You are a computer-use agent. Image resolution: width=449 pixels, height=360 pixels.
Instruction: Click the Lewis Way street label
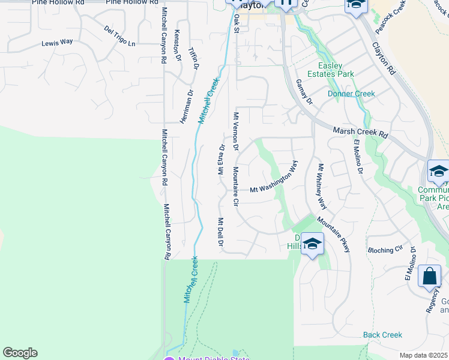57,43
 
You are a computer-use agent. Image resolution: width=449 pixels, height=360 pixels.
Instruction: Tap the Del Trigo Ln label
120,36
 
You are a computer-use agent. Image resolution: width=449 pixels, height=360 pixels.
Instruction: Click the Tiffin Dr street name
193,59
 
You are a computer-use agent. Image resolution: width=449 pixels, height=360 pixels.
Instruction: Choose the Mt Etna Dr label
221,157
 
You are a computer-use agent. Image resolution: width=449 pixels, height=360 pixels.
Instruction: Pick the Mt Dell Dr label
221,232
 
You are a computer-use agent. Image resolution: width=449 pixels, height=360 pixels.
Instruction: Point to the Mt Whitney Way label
322,187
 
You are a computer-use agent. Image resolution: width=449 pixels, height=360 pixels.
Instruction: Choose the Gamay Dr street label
304,92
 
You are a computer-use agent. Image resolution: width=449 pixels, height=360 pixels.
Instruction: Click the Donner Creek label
351,94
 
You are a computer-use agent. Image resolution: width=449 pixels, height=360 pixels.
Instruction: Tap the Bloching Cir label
385,250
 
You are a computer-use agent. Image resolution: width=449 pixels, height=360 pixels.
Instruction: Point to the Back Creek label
382,335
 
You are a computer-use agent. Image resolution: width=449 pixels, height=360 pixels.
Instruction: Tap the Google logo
20,353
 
